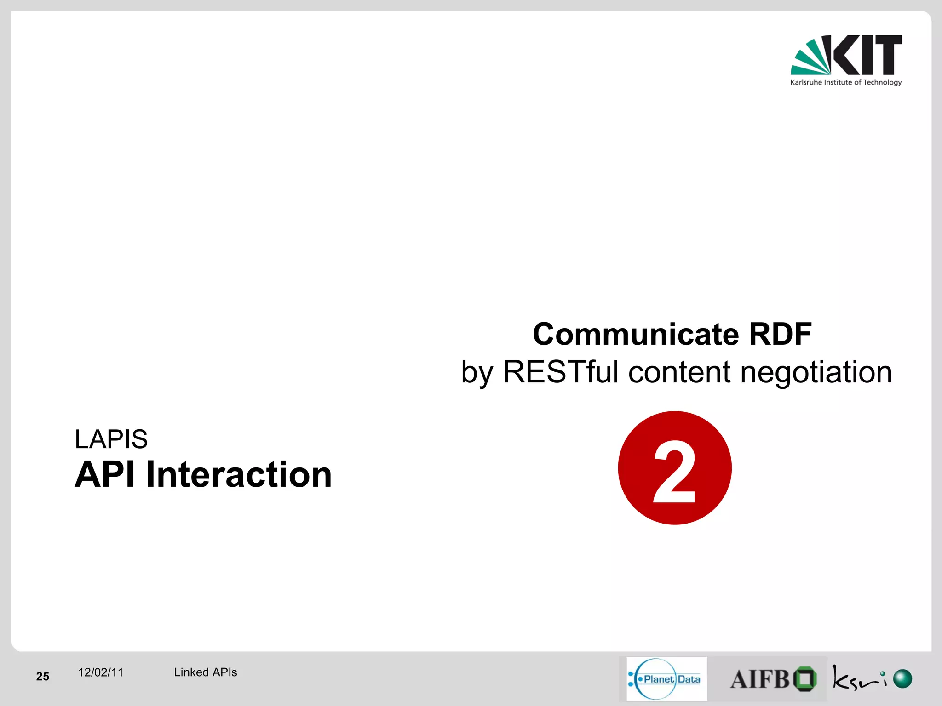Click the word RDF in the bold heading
(780, 334)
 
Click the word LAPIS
(111, 439)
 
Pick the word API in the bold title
(105, 474)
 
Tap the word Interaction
(239, 474)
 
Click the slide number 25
(42, 676)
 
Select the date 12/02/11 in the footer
(101, 672)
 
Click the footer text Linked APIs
(205, 672)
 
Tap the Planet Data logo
(666, 679)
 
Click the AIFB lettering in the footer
(759, 679)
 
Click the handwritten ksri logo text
(858, 678)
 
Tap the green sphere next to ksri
(902, 678)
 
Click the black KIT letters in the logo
(867, 55)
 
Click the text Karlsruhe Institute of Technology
(845, 82)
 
